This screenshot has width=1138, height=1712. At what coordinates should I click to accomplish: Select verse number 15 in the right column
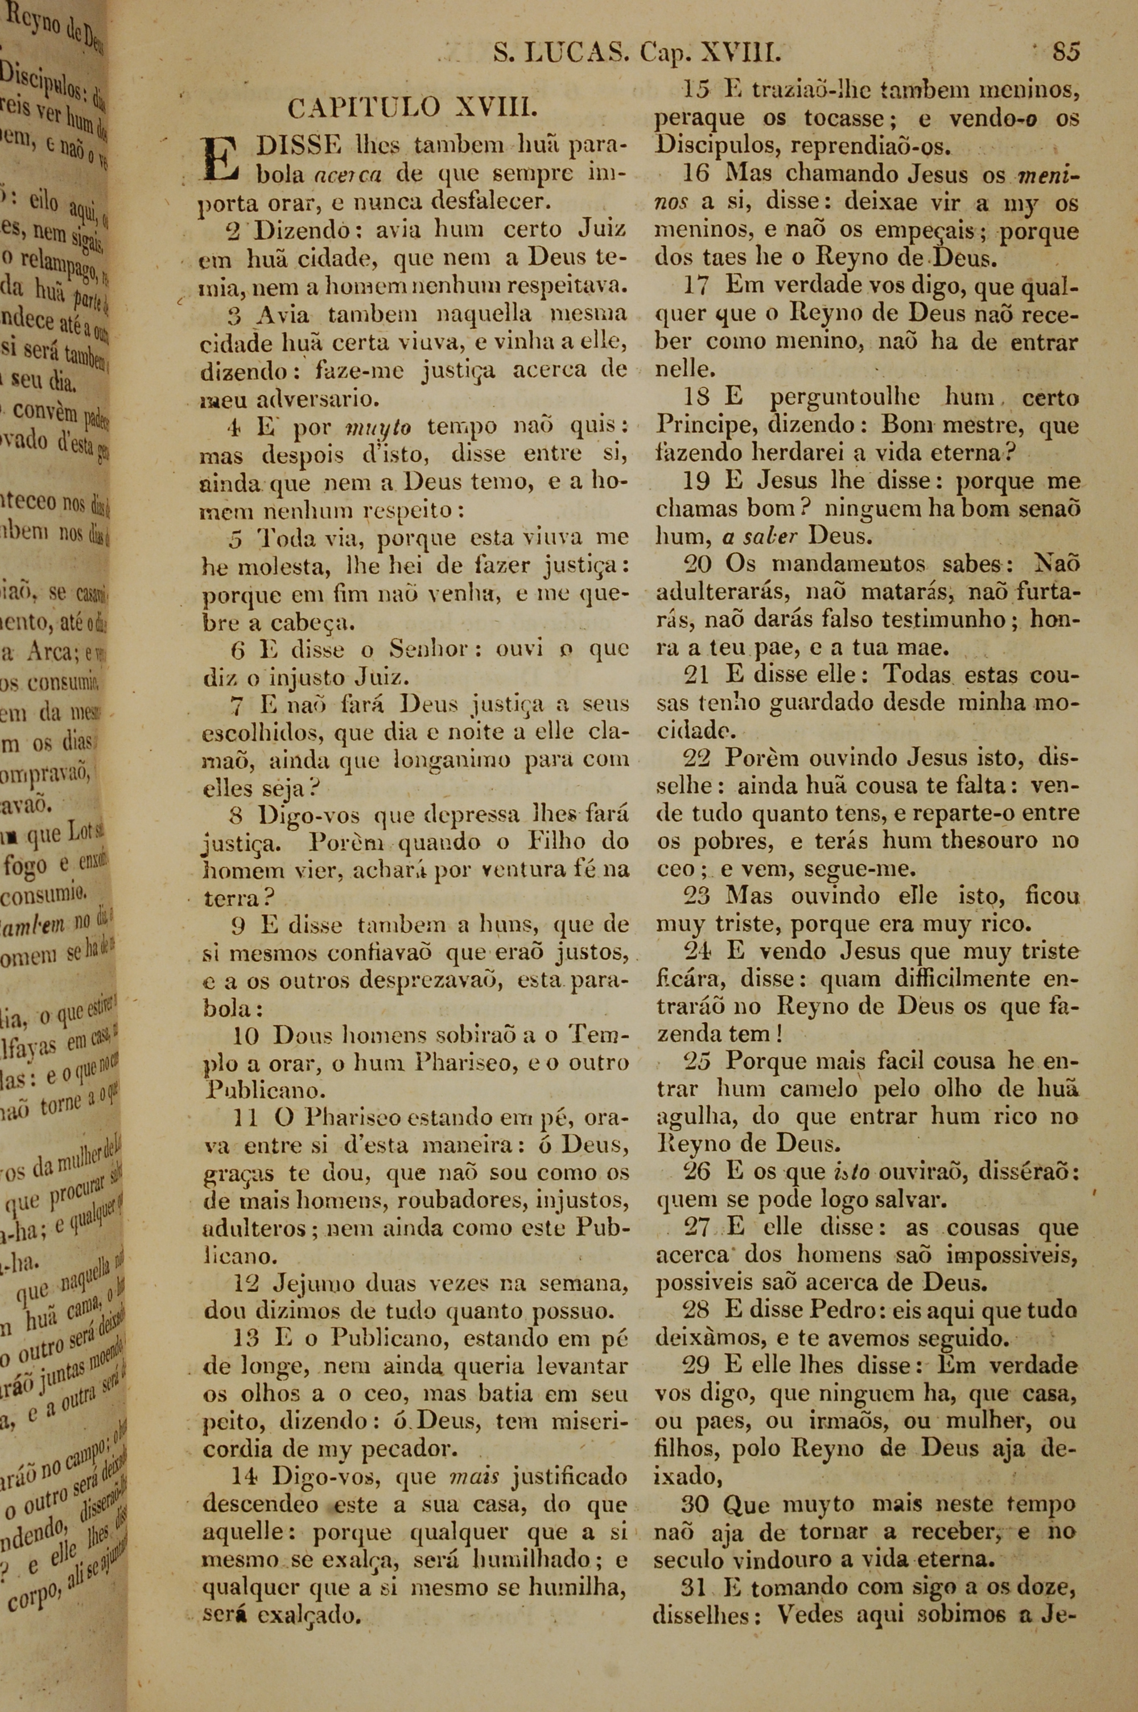click(x=696, y=90)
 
